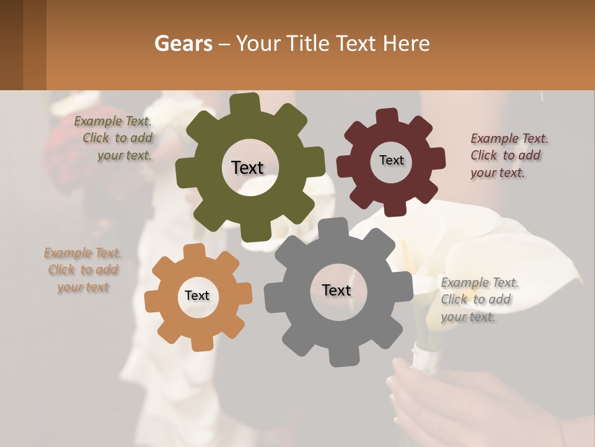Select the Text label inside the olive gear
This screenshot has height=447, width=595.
pyautogui.click(x=247, y=168)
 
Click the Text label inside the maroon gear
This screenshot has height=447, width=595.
pyautogui.click(x=391, y=160)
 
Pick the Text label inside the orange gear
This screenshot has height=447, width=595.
pyautogui.click(x=197, y=296)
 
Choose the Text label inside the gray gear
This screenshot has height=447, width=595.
pyautogui.click(x=337, y=290)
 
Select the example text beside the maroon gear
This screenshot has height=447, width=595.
pyautogui.click(x=509, y=155)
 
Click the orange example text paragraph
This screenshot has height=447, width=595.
pyautogui.click(x=83, y=270)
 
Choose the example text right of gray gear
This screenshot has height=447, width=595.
pyautogui.click(x=479, y=300)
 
